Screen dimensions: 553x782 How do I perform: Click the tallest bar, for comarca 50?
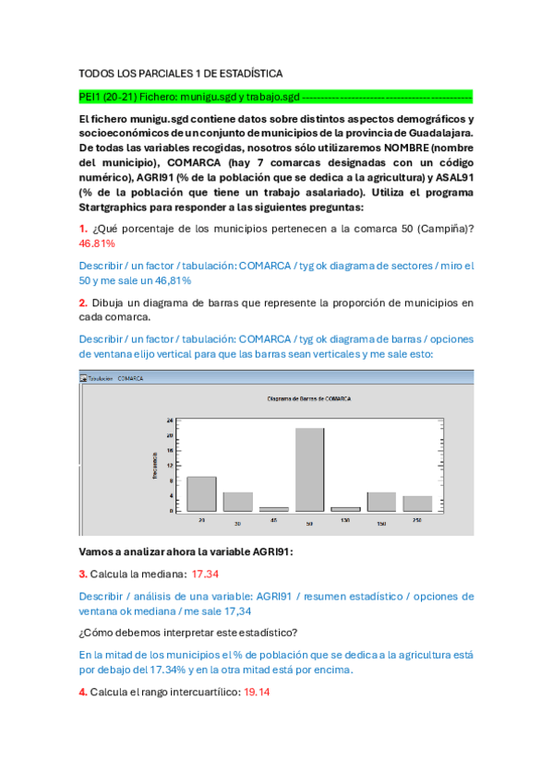click(x=309, y=468)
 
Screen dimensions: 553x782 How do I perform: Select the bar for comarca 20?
click(x=201, y=493)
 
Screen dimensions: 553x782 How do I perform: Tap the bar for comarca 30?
click(x=237, y=501)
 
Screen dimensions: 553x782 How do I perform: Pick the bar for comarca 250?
click(x=417, y=503)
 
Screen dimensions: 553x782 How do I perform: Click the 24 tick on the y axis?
click(x=170, y=421)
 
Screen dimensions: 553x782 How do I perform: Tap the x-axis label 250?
click(x=417, y=521)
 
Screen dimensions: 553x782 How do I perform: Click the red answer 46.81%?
click(x=97, y=243)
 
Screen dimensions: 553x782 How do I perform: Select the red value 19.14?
click(x=257, y=692)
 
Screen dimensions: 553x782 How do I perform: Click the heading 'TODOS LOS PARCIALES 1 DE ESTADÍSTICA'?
click(x=181, y=73)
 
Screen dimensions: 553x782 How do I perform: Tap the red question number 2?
click(x=83, y=302)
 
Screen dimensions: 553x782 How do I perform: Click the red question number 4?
click(x=83, y=692)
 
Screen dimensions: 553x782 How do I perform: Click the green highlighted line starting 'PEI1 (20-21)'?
click(x=276, y=95)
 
